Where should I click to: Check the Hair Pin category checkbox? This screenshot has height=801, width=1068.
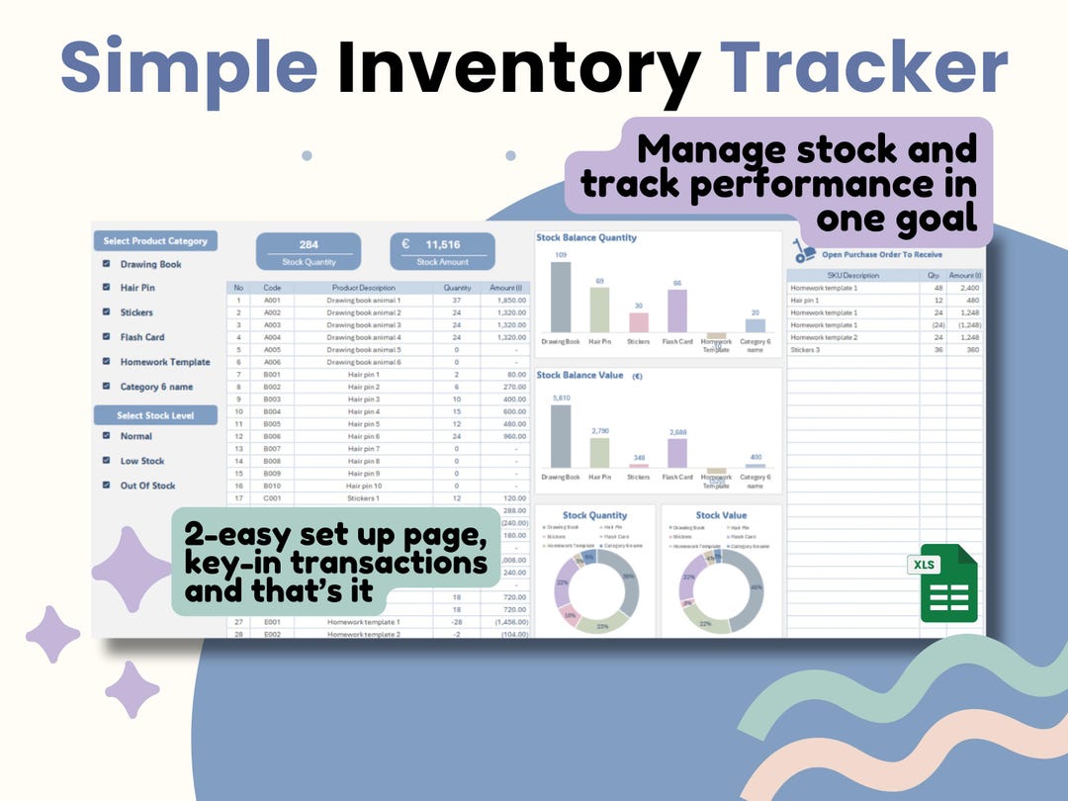pos(106,288)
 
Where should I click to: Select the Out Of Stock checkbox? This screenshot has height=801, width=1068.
pos(106,486)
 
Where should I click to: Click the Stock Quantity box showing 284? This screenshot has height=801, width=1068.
pos(308,251)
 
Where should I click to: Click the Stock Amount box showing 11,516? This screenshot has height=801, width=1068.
pos(441,251)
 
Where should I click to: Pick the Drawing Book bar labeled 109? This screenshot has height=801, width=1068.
pos(561,297)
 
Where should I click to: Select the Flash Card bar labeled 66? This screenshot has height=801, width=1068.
pos(677,311)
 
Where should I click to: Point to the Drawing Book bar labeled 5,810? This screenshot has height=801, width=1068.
pos(561,436)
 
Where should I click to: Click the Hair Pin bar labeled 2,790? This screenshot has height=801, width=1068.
pos(599,452)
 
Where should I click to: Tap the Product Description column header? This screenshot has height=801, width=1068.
pos(363,288)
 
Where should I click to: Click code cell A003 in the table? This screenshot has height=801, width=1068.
pos(272,324)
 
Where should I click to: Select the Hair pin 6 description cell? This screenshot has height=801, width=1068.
pos(363,436)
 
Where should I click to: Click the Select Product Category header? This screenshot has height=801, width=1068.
pos(155,241)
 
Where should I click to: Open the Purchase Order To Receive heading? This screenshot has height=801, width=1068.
pos(882,255)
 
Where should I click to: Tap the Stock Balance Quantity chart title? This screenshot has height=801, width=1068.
pos(586,237)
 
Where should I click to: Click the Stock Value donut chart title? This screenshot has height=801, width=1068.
pos(721,515)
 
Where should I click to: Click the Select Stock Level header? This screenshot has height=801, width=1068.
pos(155,415)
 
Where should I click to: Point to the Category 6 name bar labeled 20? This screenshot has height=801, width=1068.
pos(755,325)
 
